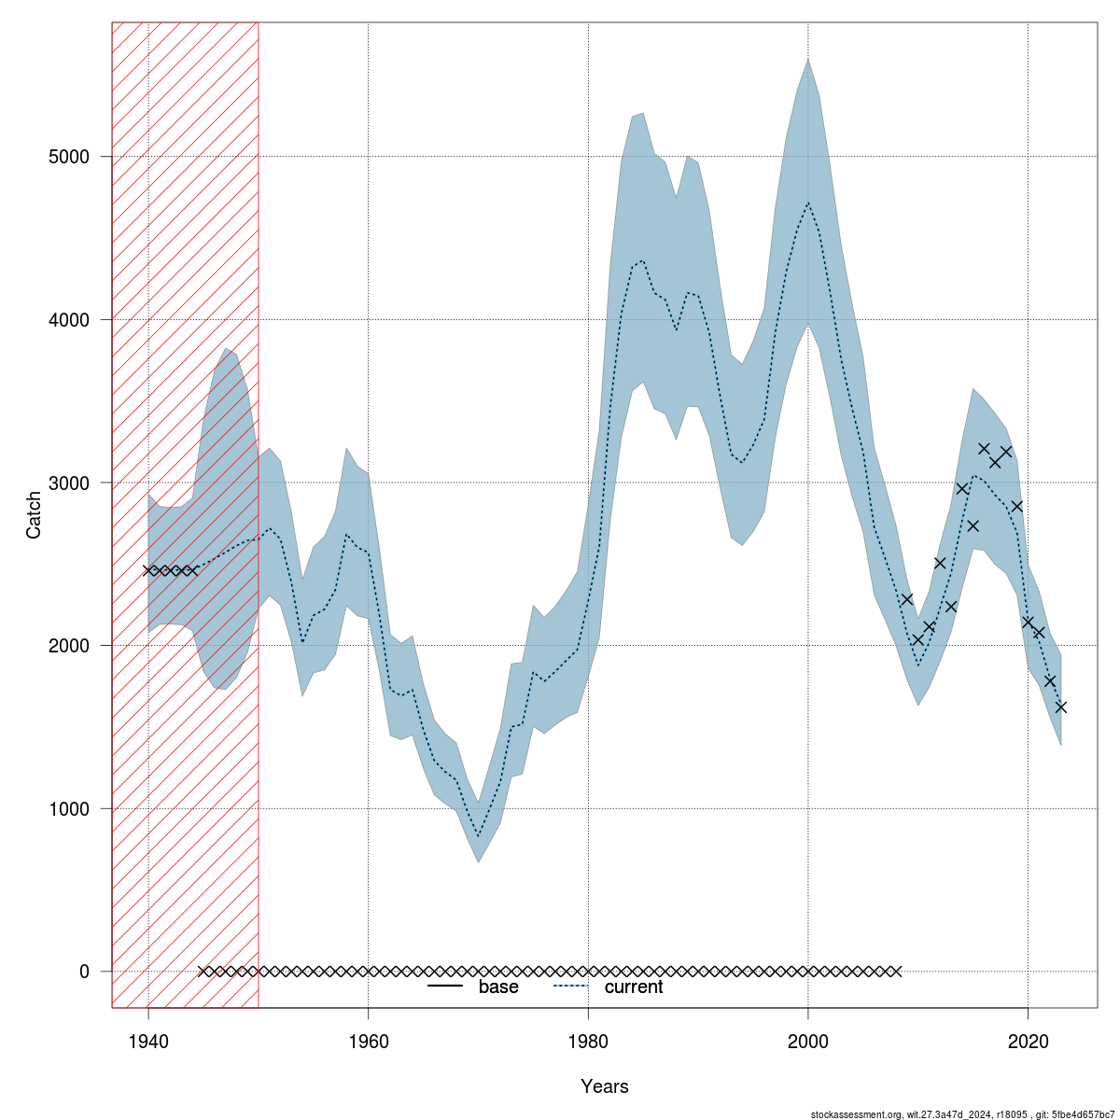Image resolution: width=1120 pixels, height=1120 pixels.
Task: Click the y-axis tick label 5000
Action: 70,156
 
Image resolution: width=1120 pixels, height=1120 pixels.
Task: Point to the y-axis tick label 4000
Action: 70,319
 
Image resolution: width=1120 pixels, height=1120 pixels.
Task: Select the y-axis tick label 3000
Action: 70,483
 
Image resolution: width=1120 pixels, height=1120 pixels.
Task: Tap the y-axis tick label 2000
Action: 70,646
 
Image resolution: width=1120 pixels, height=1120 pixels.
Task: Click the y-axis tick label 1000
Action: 70,808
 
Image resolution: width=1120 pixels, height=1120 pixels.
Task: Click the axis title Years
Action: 605,1086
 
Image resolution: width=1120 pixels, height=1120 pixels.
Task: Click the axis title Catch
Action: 35,515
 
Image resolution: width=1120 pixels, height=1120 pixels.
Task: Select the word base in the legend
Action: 498,987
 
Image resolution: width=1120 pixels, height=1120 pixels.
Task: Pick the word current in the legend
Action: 634,987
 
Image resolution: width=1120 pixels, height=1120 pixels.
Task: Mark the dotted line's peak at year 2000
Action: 808,203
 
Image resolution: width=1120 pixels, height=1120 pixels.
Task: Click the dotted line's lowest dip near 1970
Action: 479,836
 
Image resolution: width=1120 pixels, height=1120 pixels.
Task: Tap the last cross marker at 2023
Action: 1061,707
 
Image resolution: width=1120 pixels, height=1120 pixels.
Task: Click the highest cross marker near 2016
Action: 984,449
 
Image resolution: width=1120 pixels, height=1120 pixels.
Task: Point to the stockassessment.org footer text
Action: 961,1113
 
